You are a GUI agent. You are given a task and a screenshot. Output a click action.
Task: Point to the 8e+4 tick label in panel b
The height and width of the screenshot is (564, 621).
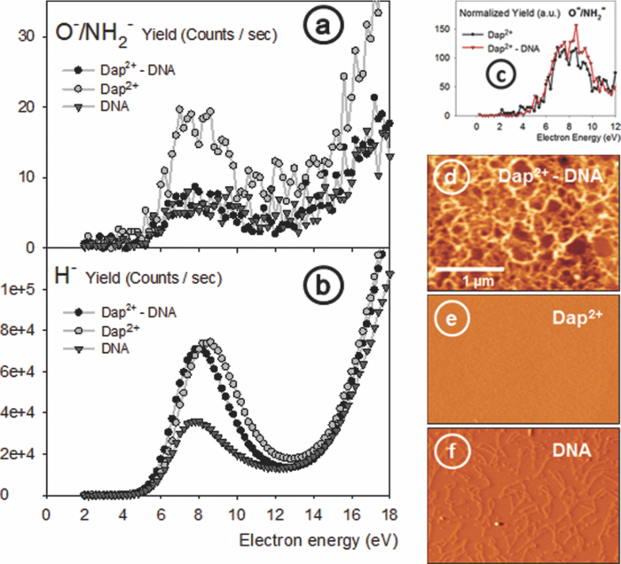pos(19,331)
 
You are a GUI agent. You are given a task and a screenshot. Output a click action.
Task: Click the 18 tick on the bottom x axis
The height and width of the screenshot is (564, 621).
pos(389,514)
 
